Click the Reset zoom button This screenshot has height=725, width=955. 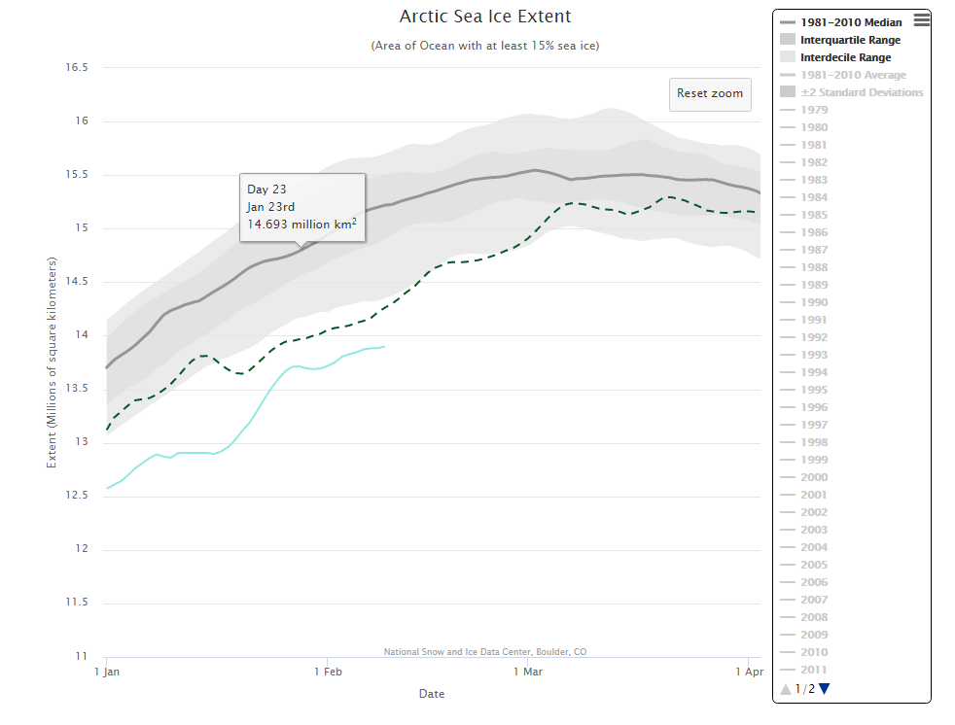click(710, 93)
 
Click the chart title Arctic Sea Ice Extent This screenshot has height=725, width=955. click(485, 17)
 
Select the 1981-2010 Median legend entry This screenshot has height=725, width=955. click(851, 22)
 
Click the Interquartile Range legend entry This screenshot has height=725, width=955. click(850, 40)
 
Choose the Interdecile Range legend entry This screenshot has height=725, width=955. click(845, 57)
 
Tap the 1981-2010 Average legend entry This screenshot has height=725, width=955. click(853, 75)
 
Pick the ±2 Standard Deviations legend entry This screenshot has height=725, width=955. click(862, 92)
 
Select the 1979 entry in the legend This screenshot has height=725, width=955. click(814, 110)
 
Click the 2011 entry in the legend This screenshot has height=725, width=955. click(814, 670)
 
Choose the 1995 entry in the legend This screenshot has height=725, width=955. click(814, 390)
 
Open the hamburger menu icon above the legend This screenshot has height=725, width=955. click(922, 18)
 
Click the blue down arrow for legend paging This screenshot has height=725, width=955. click(825, 689)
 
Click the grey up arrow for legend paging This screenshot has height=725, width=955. click(786, 689)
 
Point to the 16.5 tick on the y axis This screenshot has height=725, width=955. click(76, 68)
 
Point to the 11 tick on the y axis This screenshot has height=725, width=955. click(82, 656)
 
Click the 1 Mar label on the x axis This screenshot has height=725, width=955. click(527, 672)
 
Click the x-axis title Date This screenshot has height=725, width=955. click(432, 694)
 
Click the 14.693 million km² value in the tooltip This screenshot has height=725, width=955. click(301, 224)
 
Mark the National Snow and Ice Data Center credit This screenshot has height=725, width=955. click(485, 652)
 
